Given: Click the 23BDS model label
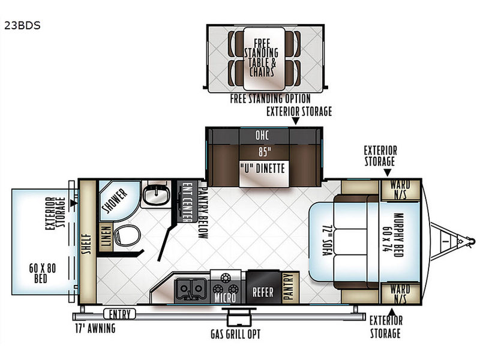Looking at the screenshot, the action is [22, 25].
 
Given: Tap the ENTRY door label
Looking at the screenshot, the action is [119, 314].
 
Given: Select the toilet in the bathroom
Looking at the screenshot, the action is [127, 235].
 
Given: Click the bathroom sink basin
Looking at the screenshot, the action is [157, 194].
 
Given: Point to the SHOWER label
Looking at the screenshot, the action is [115, 201].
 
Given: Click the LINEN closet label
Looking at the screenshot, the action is [106, 236].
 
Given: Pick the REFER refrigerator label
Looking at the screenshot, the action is [263, 292].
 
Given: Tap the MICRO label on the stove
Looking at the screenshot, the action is [226, 298].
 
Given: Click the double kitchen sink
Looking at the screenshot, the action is [190, 290].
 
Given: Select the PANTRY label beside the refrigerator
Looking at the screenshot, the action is [289, 287].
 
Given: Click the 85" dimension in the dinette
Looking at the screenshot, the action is [264, 152].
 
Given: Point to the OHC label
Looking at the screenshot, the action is [262, 135].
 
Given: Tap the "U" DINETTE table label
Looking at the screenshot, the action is [263, 169].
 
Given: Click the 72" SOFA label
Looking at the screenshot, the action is [326, 241].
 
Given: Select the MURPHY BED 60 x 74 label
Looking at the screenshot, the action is [394, 235].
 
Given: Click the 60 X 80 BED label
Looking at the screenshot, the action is [42, 273].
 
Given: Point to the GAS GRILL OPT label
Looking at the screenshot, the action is [235, 334].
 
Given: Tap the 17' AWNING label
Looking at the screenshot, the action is [95, 328].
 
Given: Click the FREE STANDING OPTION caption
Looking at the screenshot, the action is [271, 98].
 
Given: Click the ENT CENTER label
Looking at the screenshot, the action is [187, 202].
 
